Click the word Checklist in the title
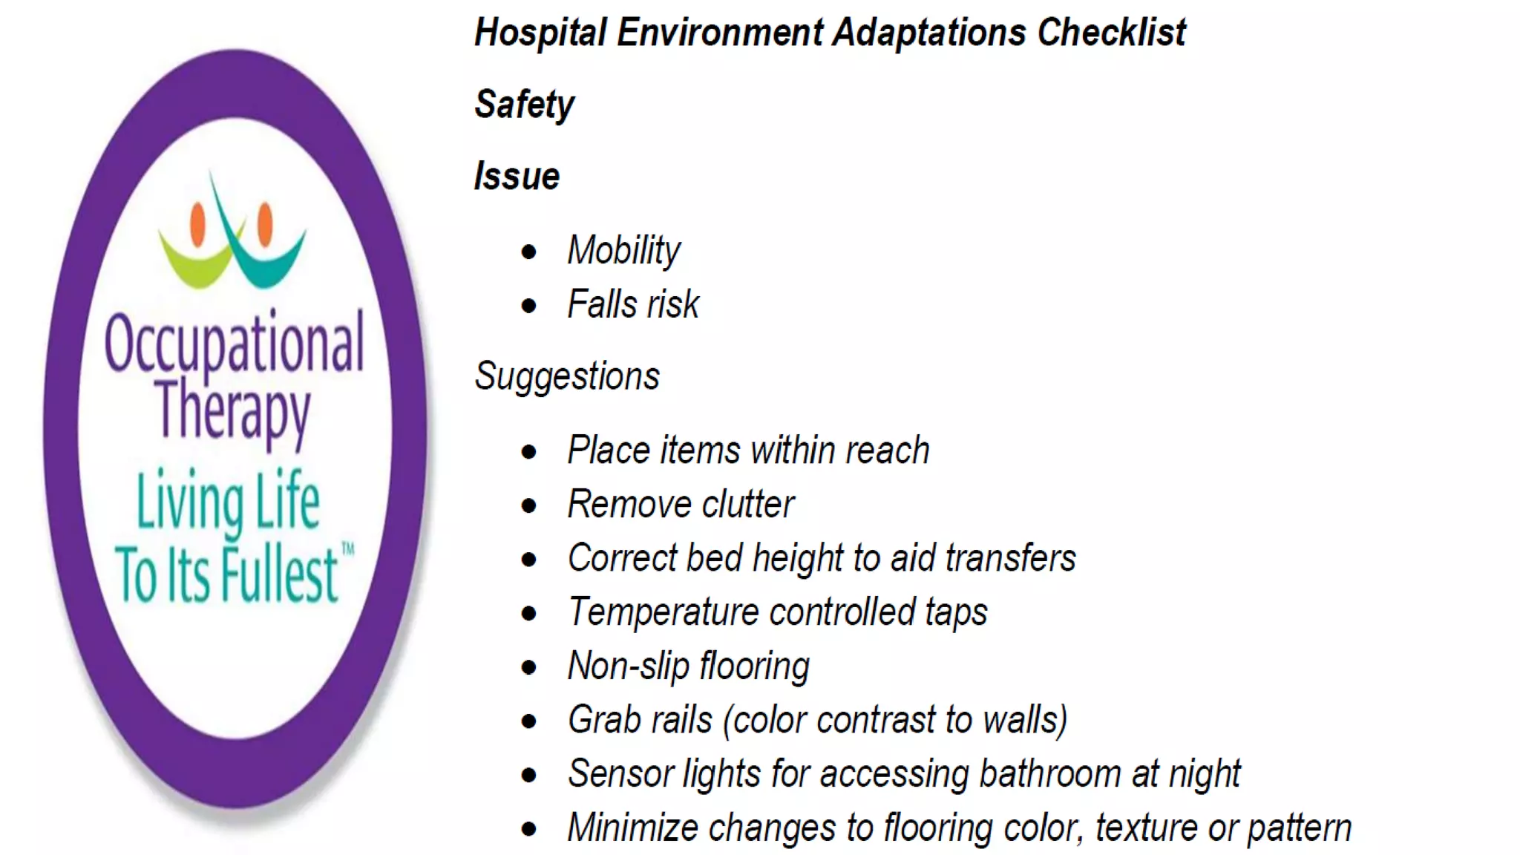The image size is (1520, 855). click(1111, 33)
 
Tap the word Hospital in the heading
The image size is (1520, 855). click(540, 33)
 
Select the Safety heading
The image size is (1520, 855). click(524, 105)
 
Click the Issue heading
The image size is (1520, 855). click(517, 177)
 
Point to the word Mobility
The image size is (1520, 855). click(623, 251)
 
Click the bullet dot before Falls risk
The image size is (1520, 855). click(528, 305)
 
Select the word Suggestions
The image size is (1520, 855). click(567, 376)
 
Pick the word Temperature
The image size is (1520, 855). click(662, 612)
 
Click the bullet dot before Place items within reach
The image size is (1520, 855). click(528, 451)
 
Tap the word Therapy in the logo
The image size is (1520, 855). click(233, 410)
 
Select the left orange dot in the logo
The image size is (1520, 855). click(197, 223)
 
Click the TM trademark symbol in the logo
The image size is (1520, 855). click(347, 550)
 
